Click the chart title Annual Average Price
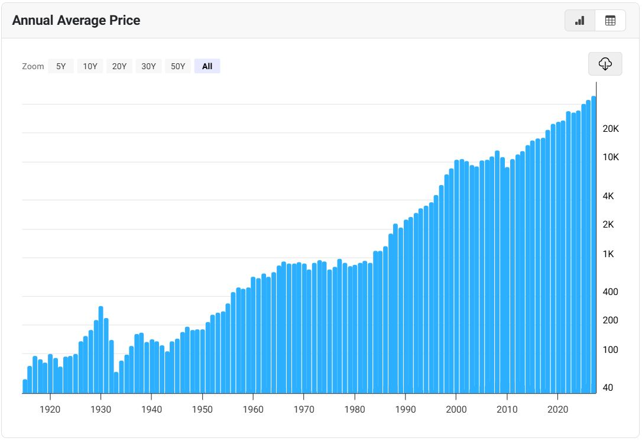(x=76, y=21)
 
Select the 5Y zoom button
(x=61, y=66)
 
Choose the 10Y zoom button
(x=90, y=66)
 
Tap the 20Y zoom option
(x=119, y=66)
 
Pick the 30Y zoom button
(x=148, y=66)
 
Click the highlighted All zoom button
(x=207, y=66)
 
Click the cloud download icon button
(x=605, y=64)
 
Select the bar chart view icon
(x=580, y=21)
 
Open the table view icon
(x=610, y=21)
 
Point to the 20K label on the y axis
(x=611, y=128)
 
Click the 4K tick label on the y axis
(x=608, y=196)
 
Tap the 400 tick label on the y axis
(x=610, y=292)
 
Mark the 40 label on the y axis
(x=608, y=387)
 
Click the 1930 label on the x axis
(x=100, y=410)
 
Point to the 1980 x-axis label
(x=355, y=410)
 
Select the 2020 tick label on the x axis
(x=557, y=410)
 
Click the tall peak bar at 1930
(x=100, y=350)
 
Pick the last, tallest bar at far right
(x=594, y=245)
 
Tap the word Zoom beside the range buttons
(x=33, y=66)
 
